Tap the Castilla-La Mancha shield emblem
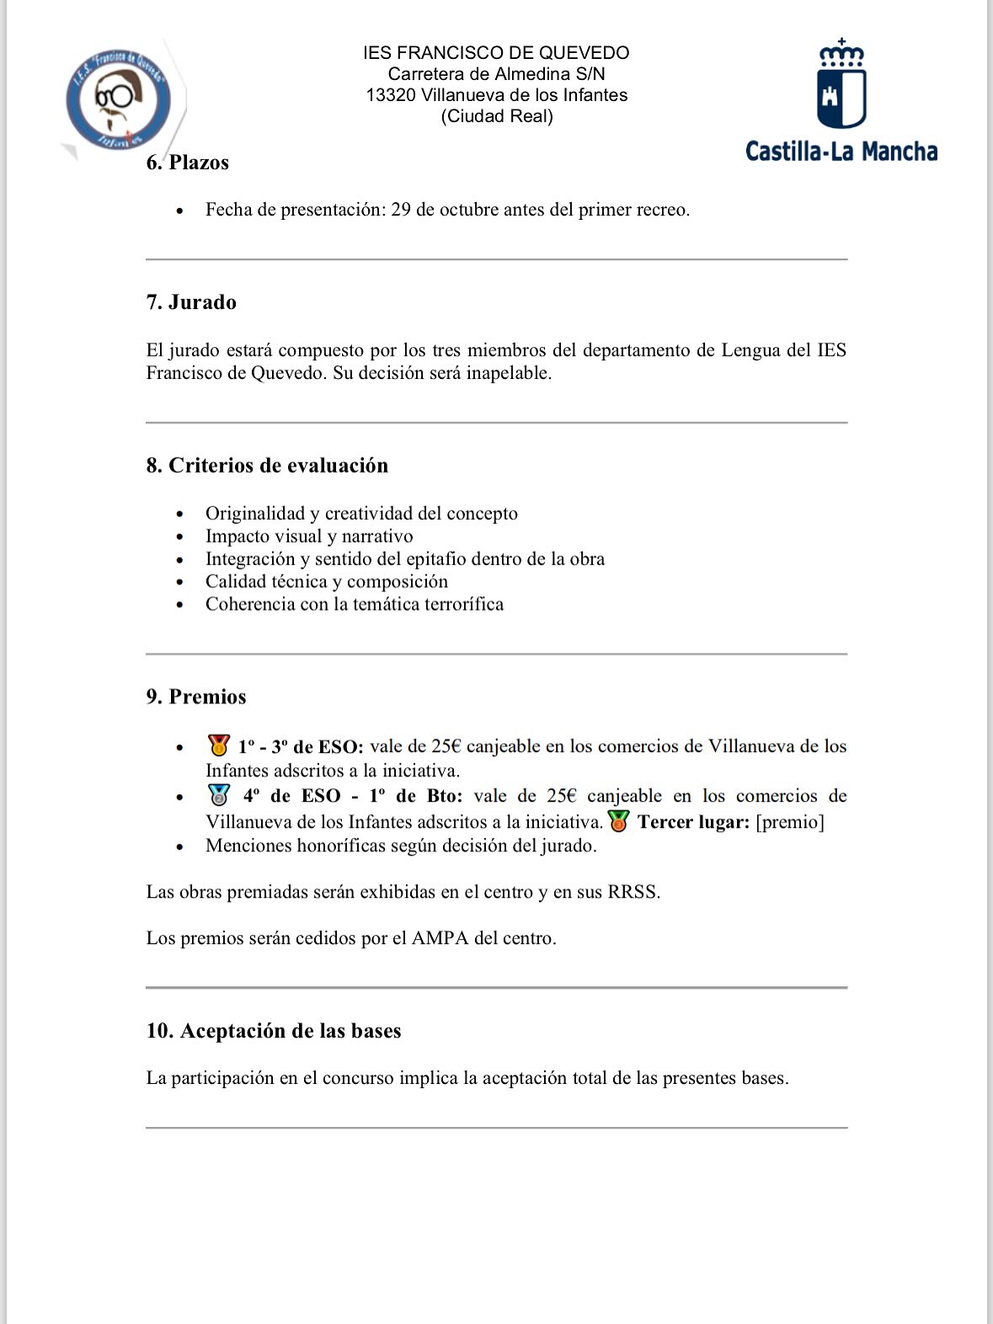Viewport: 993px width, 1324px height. coord(841,85)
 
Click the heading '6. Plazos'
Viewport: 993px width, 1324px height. coord(188,163)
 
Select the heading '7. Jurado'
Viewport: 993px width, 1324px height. coord(191,302)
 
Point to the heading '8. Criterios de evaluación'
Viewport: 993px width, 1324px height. coord(267,466)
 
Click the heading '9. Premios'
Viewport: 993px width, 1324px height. coord(196,697)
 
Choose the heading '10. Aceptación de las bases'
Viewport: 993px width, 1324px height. coord(274,1031)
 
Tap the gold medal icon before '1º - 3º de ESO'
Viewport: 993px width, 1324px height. coord(219,745)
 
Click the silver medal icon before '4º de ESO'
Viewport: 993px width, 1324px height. coord(219,795)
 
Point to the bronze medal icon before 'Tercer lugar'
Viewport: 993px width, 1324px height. coord(619,821)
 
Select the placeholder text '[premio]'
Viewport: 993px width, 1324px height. coord(790,822)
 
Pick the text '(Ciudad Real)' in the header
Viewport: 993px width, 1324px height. coord(497,116)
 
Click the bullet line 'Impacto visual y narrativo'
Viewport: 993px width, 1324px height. coord(309,537)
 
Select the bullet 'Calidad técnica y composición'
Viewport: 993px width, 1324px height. coord(327,582)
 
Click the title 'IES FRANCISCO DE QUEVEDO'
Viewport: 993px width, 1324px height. coord(497,53)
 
